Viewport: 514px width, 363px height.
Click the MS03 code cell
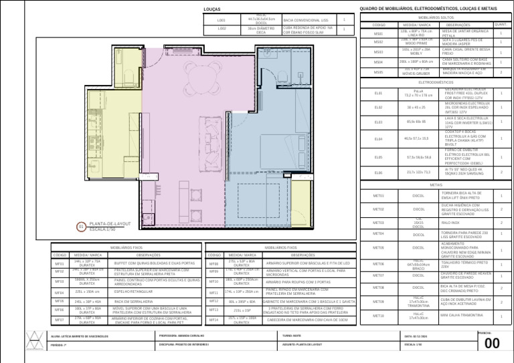pyautogui.click(x=378, y=51)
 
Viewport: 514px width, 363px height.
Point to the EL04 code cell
pyautogui.click(x=378, y=138)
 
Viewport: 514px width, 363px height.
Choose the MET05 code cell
pyautogui.click(x=378, y=248)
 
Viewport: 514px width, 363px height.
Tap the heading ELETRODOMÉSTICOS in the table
pyautogui.click(x=436, y=82)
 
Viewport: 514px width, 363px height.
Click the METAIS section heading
pyautogui.click(x=436, y=185)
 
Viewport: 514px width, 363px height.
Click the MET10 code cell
pyautogui.click(x=378, y=315)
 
